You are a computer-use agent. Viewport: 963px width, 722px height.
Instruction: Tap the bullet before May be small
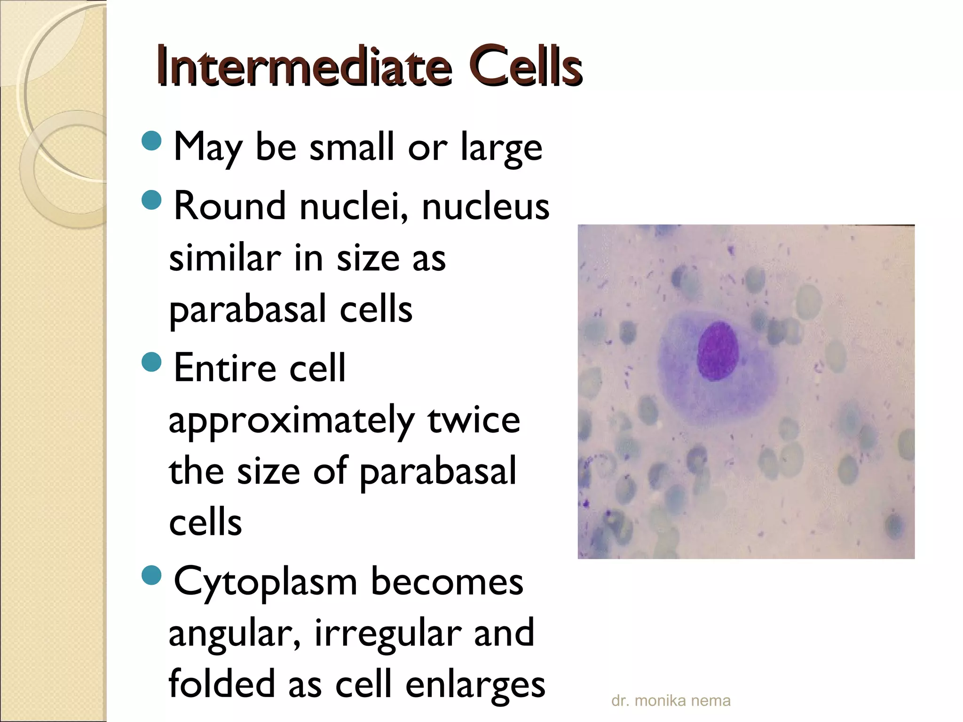(x=151, y=141)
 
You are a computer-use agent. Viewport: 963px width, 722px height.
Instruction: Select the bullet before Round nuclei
(x=151, y=200)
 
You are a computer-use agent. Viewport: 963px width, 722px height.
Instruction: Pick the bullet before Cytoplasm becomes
(x=151, y=576)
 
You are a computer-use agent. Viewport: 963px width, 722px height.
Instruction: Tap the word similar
(x=225, y=259)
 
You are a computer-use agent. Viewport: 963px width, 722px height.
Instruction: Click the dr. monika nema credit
(x=671, y=701)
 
